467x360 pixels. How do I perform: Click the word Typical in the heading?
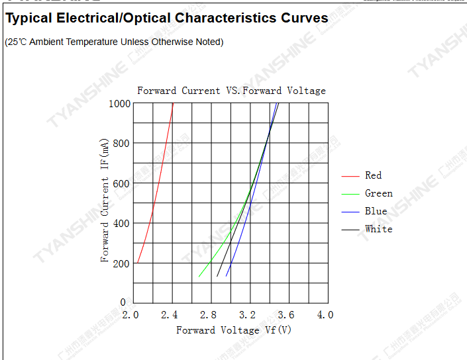coord(32,19)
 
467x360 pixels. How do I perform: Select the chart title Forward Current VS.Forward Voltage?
coord(231,91)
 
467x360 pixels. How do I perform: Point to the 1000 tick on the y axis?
coord(120,103)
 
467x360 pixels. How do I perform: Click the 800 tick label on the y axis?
coord(122,143)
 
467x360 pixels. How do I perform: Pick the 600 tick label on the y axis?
coord(122,183)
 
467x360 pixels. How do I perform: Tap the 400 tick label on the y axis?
coord(122,223)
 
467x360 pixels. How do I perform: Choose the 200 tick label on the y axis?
coord(122,263)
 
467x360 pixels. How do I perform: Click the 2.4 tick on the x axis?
coord(170,315)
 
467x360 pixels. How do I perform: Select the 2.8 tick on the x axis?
coord(209,315)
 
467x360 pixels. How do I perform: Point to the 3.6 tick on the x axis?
coord(286,315)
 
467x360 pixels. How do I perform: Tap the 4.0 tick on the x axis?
coord(325,315)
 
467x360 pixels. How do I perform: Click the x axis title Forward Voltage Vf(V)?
coord(234,330)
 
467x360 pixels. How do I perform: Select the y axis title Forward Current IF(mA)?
coord(105,201)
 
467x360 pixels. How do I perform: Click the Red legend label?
coord(373,175)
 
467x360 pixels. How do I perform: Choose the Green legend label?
coord(378,193)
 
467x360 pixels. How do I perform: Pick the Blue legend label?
coord(376,211)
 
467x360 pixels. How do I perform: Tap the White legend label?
coord(378,229)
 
